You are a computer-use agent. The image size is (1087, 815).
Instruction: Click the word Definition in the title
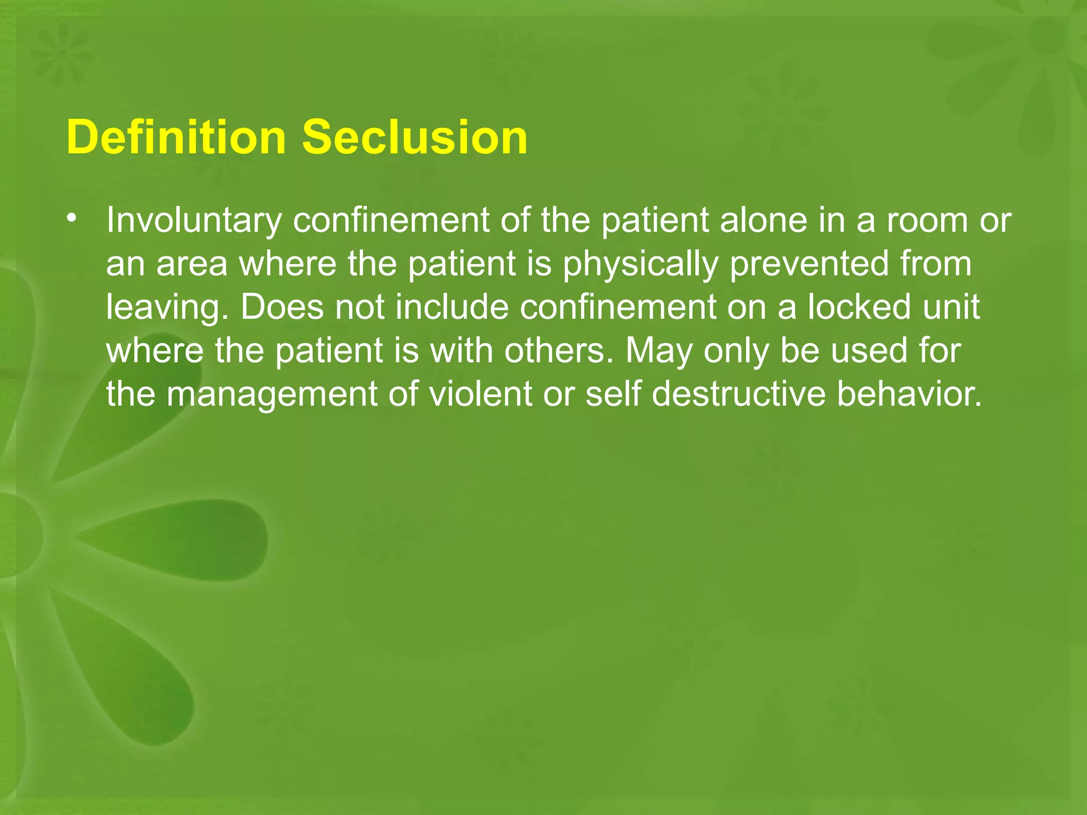176,137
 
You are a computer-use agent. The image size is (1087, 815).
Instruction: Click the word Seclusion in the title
415,137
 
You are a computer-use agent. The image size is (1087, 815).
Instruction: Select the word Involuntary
193,221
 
